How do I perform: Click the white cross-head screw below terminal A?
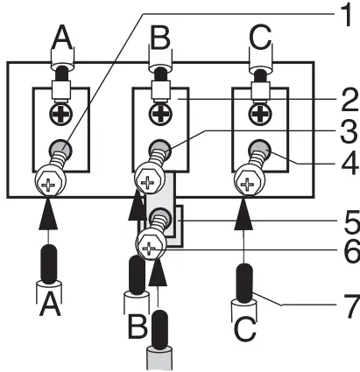[46, 186]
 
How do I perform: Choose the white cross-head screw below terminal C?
[248, 186]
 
